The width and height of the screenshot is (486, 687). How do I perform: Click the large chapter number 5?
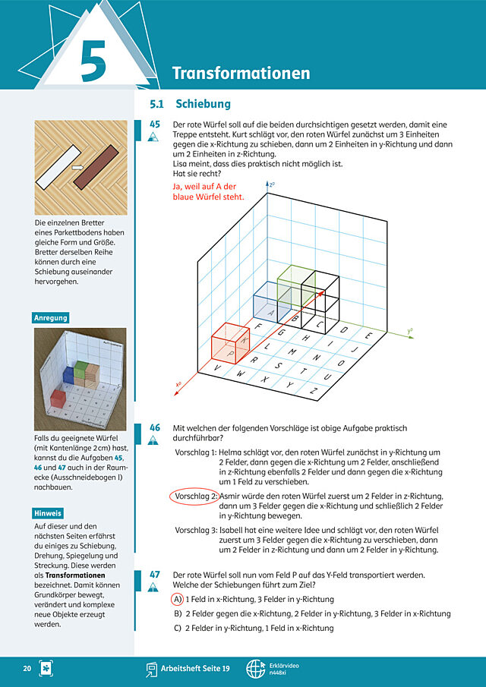tap(93, 61)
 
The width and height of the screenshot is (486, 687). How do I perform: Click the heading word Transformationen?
tap(241, 73)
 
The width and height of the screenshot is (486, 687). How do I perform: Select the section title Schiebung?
tap(203, 104)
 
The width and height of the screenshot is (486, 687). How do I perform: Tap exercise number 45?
tap(155, 124)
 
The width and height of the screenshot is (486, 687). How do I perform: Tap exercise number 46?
tap(155, 427)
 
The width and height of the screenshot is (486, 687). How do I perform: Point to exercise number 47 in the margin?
tap(155, 575)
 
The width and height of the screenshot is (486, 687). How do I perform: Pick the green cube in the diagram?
tap(297, 286)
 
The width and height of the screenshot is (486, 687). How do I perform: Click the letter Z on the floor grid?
tap(314, 391)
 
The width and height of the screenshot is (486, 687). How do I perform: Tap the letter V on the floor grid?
tap(217, 368)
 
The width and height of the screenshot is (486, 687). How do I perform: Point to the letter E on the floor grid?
tap(368, 336)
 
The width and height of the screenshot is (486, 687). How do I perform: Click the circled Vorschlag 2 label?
tap(194, 496)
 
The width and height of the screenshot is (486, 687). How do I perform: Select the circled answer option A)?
tap(177, 599)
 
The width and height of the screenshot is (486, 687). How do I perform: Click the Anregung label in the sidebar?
tap(51, 317)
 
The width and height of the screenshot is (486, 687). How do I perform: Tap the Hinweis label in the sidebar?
tap(48, 513)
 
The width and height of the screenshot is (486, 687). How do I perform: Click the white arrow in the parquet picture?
tap(77, 167)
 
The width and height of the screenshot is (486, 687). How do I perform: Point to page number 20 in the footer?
tap(27, 669)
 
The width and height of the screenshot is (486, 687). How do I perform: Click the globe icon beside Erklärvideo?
tap(255, 669)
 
